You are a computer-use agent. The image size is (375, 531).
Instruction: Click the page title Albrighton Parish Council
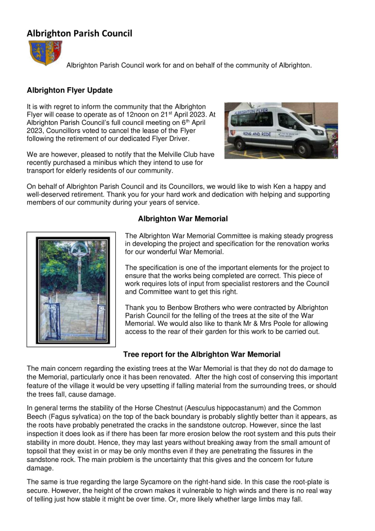[x=79, y=34]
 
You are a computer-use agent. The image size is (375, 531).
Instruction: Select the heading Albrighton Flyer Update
[x=70, y=90]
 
